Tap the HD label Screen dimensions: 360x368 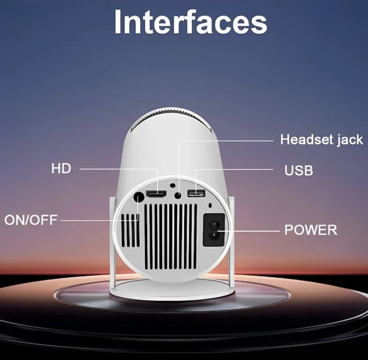(x=61, y=168)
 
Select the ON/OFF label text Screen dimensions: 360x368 (x=31, y=220)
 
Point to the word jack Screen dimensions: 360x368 (x=347, y=139)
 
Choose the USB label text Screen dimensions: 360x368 (x=299, y=170)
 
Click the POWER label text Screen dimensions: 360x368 (x=311, y=229)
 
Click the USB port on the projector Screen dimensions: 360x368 (x=195, y=193)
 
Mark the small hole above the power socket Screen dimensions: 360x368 (x=210, y=205)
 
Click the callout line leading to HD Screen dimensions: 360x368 (x=119, y=168)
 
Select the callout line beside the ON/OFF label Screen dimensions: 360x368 (x=98, y=220)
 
